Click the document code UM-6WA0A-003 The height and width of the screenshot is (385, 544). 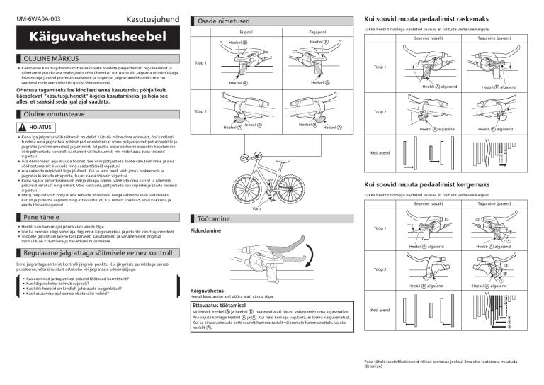point(34,15)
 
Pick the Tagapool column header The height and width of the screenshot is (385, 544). point(317,32)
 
